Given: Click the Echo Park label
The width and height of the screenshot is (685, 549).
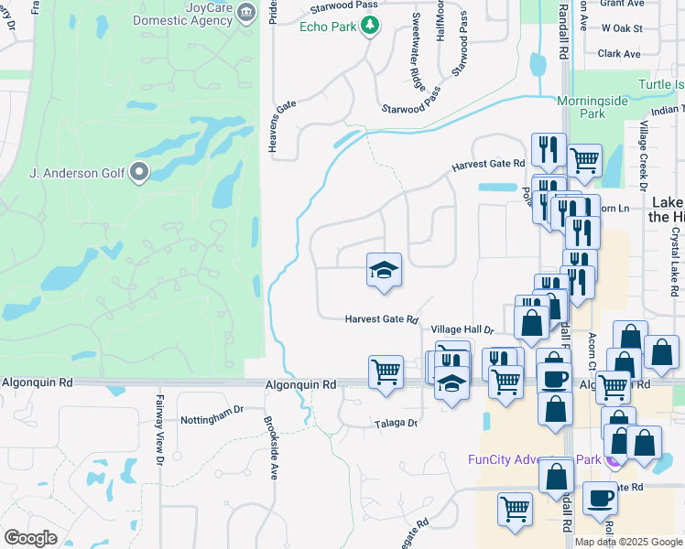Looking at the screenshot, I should click(x=328, y=27).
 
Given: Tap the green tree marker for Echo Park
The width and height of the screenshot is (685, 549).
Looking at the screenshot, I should click(x=370, y=27).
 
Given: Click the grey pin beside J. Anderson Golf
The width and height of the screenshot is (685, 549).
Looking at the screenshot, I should click(x=139, y=171).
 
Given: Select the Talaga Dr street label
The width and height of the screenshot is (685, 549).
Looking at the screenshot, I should click(x=395, y=424).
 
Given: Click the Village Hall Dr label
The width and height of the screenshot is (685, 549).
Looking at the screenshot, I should click(x=462, y=329).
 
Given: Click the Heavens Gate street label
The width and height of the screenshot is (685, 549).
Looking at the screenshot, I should click(x=272, y=126).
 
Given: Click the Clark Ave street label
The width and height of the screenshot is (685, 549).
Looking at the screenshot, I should click(x=619, y=54).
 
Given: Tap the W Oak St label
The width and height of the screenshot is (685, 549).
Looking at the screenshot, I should click(x=621, y=29).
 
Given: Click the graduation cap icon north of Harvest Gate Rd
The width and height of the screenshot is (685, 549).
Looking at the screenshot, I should click(x=385, y=269).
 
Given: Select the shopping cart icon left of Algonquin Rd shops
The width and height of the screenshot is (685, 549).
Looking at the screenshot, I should click(x=386, y=371).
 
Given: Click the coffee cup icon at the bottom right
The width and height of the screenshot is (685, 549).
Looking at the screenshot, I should click(x=600, y=499).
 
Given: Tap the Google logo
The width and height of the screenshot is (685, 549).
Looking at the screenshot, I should click(x=31, y=538).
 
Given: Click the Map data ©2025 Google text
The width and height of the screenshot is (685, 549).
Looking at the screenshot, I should click(x=627, y=542).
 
